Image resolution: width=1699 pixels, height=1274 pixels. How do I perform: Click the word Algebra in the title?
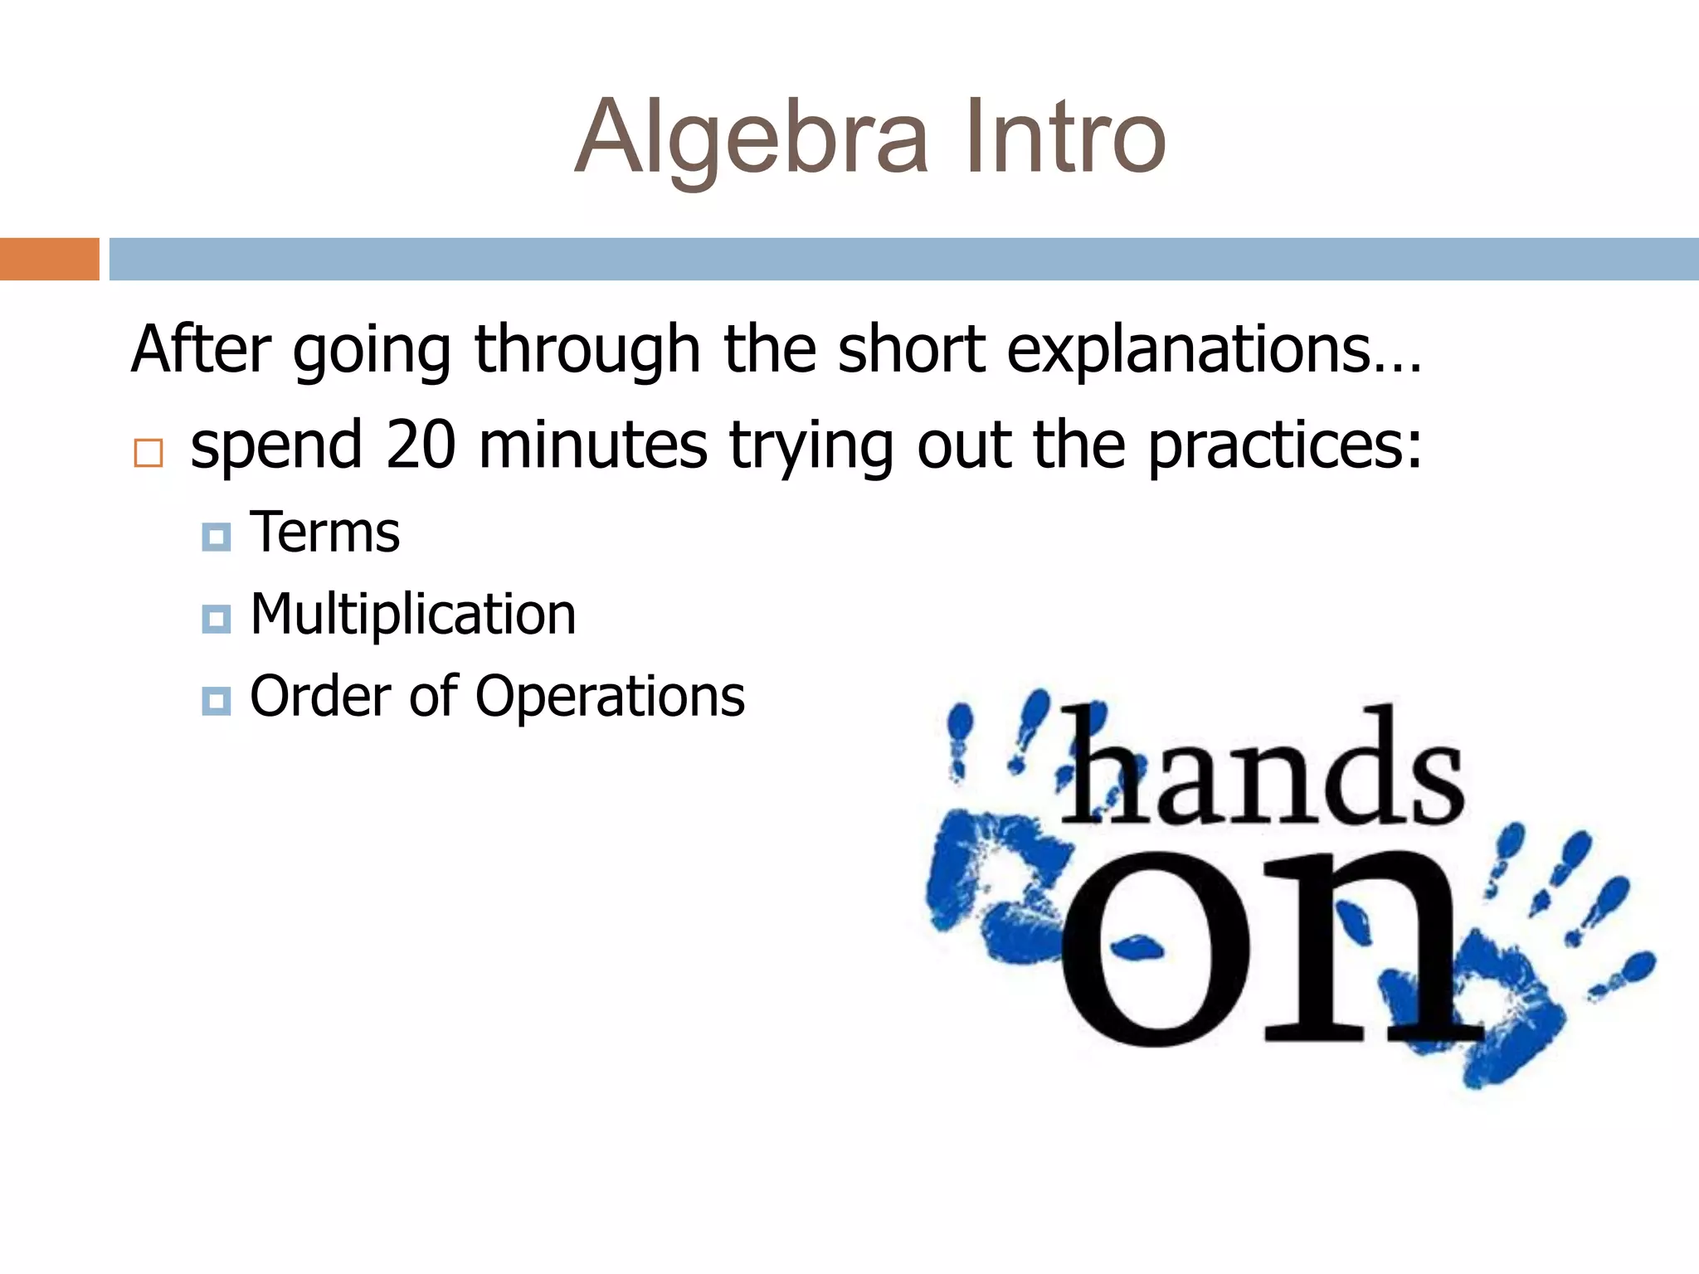(x=751, y=137)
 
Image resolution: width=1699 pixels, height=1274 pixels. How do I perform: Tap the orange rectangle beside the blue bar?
(x=49, y=259)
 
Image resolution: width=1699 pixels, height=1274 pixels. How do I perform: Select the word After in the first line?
(x=201, y=349)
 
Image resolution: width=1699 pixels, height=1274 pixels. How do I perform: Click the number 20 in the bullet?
(x=421, y=445)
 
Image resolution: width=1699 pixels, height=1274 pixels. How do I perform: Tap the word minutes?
(x=592, y=445)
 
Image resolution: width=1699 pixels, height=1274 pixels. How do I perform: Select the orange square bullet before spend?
(x=148, y=453)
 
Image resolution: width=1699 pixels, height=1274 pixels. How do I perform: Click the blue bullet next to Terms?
(x=216, y=537)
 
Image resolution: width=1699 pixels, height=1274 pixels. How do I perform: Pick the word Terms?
(x=324, y=532)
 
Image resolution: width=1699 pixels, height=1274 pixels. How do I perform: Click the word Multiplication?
(x=412, y=615)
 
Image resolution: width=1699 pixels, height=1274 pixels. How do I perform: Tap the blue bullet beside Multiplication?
(x=216, y=619)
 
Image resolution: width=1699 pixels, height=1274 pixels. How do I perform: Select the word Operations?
(x=610, y=696)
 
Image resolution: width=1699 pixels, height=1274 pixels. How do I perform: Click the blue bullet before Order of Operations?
(x=216, y=701)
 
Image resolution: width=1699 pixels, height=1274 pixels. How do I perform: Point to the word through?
(x=587, y=349)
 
